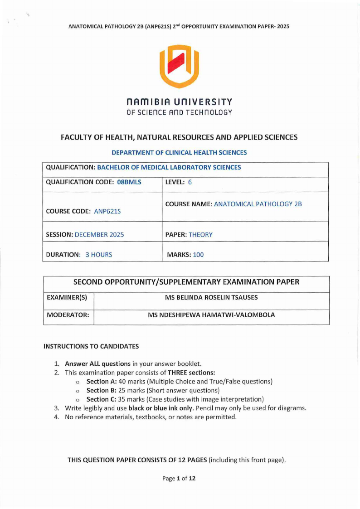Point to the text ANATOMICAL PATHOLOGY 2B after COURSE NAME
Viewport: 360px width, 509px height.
(258, 204)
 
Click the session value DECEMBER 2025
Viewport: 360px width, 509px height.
(99, 235)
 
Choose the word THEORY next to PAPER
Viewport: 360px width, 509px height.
(200, 235)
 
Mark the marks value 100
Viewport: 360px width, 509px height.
(198, 255)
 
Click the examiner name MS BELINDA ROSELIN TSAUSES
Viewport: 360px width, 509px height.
(211, 297)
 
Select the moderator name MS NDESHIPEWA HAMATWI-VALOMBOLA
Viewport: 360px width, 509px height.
(211, 315)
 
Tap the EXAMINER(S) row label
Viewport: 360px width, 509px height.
(67, 297)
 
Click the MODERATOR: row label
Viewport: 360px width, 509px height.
(68, 315)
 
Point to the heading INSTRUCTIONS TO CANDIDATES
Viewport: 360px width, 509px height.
(91, 346)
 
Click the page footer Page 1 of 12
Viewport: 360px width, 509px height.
(179, 478)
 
